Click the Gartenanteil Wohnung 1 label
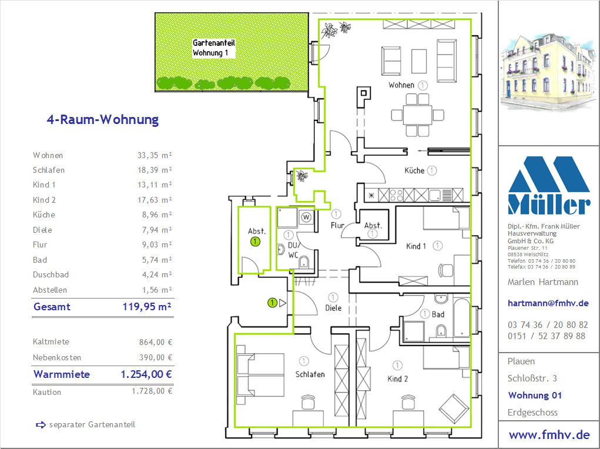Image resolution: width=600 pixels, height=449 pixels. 213,48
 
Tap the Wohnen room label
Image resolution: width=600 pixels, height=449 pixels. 401,85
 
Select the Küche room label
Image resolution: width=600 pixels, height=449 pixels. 414,170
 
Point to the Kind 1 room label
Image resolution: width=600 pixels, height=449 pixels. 416,246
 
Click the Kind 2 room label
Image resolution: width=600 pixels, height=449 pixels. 398,379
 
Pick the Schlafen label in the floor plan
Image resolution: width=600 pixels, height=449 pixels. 310,374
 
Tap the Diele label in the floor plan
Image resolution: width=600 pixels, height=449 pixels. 333,308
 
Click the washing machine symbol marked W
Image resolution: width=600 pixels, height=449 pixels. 306,217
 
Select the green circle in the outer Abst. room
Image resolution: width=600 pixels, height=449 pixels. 255,242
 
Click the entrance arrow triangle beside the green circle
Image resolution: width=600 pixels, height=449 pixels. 283,303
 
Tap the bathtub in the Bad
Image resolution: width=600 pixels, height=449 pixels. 462,318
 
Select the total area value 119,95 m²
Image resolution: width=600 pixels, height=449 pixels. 147,307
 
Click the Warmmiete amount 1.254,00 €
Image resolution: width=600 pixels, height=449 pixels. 146,374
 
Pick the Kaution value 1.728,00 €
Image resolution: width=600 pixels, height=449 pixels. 152,391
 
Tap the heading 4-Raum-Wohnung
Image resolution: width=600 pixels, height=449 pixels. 103,119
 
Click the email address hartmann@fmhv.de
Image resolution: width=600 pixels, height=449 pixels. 548,303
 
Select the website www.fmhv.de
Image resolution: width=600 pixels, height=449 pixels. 549,435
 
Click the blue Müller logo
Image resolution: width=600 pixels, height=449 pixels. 549,185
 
